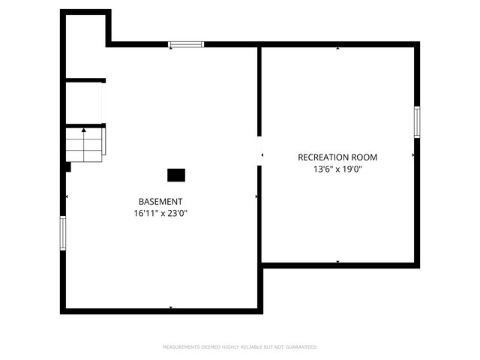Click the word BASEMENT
pyautogui.click(x=160, y=202)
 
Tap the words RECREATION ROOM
pyautogui.click(x=337, y=157)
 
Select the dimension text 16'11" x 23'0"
pyautogui.click(x=160, y=214)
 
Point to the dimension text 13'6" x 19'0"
pyautogui.click(x=337, y=169)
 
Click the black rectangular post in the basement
pyautogui.click(x=175, y=175)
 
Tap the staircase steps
pyautogui.click(x=83, y=145)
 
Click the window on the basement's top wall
pyautogui.click(x=185, y=45)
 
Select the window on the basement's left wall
pyautogui.click(x=63, y=232)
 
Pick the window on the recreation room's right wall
pyautogui.click(x=417, y=122)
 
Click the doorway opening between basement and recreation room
pyautogui.click(x=259, y=151)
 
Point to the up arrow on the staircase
pyautogui.click(x=84, y=131)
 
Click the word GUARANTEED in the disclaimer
pyautogui.click(x=300, y=347)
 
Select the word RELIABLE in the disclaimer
pyautogui.click(x=248, y=347)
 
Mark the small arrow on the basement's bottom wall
pyautogui.click(x=171, y=307)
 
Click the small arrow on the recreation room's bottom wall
pyautogui.click(x=337, y=261)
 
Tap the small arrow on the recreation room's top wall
pyautogui.click(x=337, y=48)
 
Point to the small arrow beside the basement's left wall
pyautogui.click(x=67, y=197)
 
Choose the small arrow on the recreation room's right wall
pyautogui.click(x=413, y=155)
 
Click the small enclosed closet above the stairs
pyautogui.click(x=84, y=103)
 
